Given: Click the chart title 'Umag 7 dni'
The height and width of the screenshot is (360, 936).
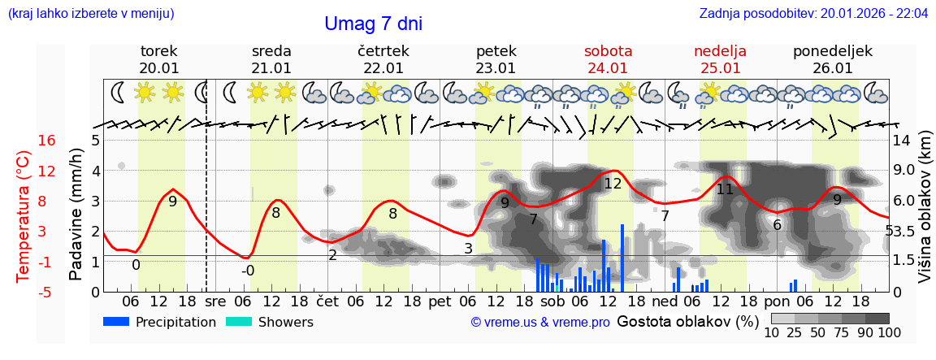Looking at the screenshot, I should (373, 24).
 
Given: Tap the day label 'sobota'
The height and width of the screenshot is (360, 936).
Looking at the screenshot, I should (608, 51).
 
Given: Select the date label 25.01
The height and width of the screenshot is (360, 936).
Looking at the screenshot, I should (720, 68).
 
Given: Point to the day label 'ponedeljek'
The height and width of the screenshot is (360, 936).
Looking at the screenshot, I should (833, 51).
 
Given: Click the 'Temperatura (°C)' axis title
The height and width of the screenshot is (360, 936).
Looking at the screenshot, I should (24, 216).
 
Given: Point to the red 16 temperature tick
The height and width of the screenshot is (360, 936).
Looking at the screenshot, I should (47, 141).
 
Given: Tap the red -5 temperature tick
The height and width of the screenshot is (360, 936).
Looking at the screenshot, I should (47, 292).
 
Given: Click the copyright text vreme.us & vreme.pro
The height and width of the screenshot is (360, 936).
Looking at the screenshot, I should (540, 323).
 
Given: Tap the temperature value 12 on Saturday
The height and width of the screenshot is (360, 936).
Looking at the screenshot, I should (613, 184).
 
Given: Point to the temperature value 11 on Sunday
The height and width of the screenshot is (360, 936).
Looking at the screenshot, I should (725, 189).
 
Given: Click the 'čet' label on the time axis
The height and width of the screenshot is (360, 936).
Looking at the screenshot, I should (327, 301).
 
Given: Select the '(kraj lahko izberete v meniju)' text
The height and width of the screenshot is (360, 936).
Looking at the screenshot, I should (91, 14).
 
